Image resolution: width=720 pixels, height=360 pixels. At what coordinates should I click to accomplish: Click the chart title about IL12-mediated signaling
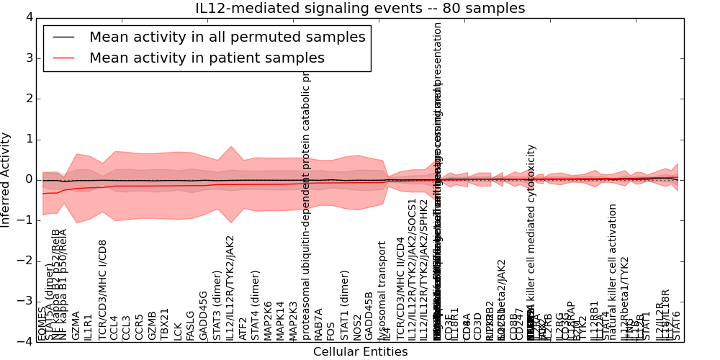coord(360,9)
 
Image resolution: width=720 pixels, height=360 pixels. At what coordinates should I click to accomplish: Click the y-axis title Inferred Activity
coord(6,179)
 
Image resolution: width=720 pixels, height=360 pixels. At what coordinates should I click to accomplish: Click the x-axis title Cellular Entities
coord(360,352)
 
